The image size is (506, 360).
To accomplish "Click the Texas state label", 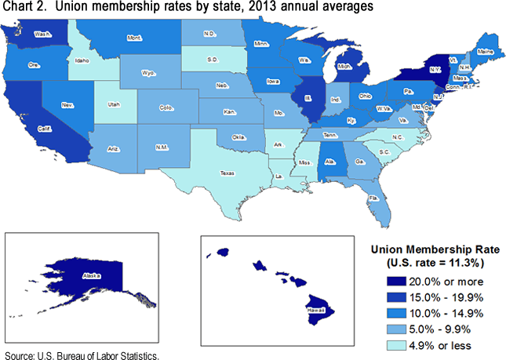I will click(x=226, y=173).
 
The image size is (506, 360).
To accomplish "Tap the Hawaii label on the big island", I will click(x=319, y=311).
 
